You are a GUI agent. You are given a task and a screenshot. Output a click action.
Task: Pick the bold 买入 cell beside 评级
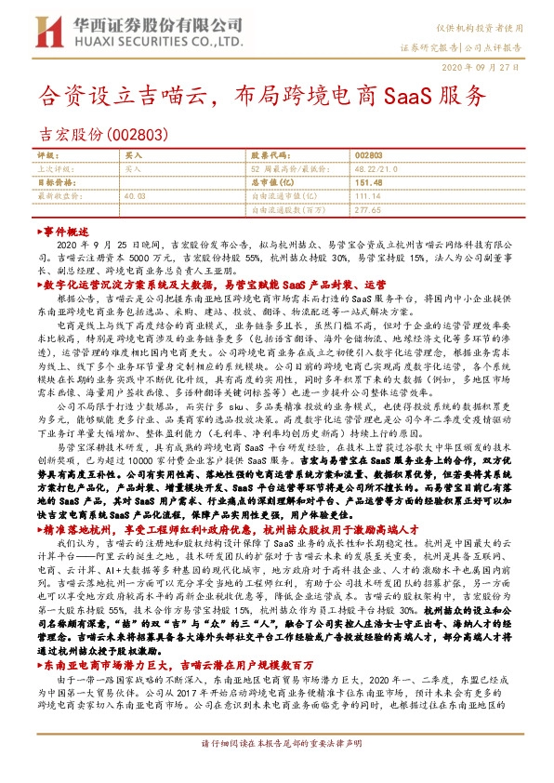tap(134, 157)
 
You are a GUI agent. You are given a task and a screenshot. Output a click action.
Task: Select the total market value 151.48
tap(368, 183)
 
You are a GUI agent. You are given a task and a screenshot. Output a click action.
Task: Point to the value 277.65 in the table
tap(368, 210)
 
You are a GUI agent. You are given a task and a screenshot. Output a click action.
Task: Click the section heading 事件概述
tap(66, 230)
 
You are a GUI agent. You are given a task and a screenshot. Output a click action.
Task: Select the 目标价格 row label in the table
tap(52, 183)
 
